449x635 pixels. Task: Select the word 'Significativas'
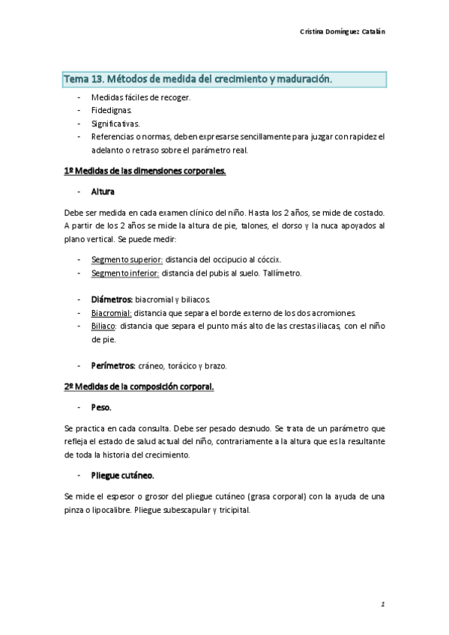click(115, 123)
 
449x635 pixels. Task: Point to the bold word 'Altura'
click(103, 191)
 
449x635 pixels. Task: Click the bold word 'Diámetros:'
click(112, 300)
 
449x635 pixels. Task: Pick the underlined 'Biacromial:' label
click(112, 312)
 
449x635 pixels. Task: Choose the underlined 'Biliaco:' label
click(103, 326)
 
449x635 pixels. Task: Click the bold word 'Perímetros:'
click(113, 365)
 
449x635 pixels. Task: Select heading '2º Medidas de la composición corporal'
click(139, 386)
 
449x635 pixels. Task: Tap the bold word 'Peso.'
click(101, 407)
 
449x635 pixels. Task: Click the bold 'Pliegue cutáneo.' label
click(123, 475)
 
